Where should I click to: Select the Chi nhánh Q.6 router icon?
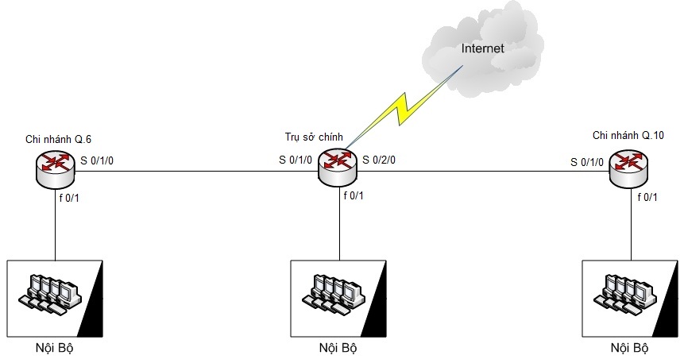(55, 167)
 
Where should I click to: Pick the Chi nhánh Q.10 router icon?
(628, 168)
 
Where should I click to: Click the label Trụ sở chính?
(314, 137)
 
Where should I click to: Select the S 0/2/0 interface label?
(379, 160)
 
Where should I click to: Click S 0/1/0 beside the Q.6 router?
(97, 161)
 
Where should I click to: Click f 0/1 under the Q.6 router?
(68, 197)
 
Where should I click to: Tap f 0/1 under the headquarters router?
(354, 195)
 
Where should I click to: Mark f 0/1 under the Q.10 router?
(647, 197)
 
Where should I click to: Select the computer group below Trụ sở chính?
(339, 293)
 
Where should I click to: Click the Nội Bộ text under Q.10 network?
(629, 348)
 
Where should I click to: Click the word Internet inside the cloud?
(484, 48)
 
